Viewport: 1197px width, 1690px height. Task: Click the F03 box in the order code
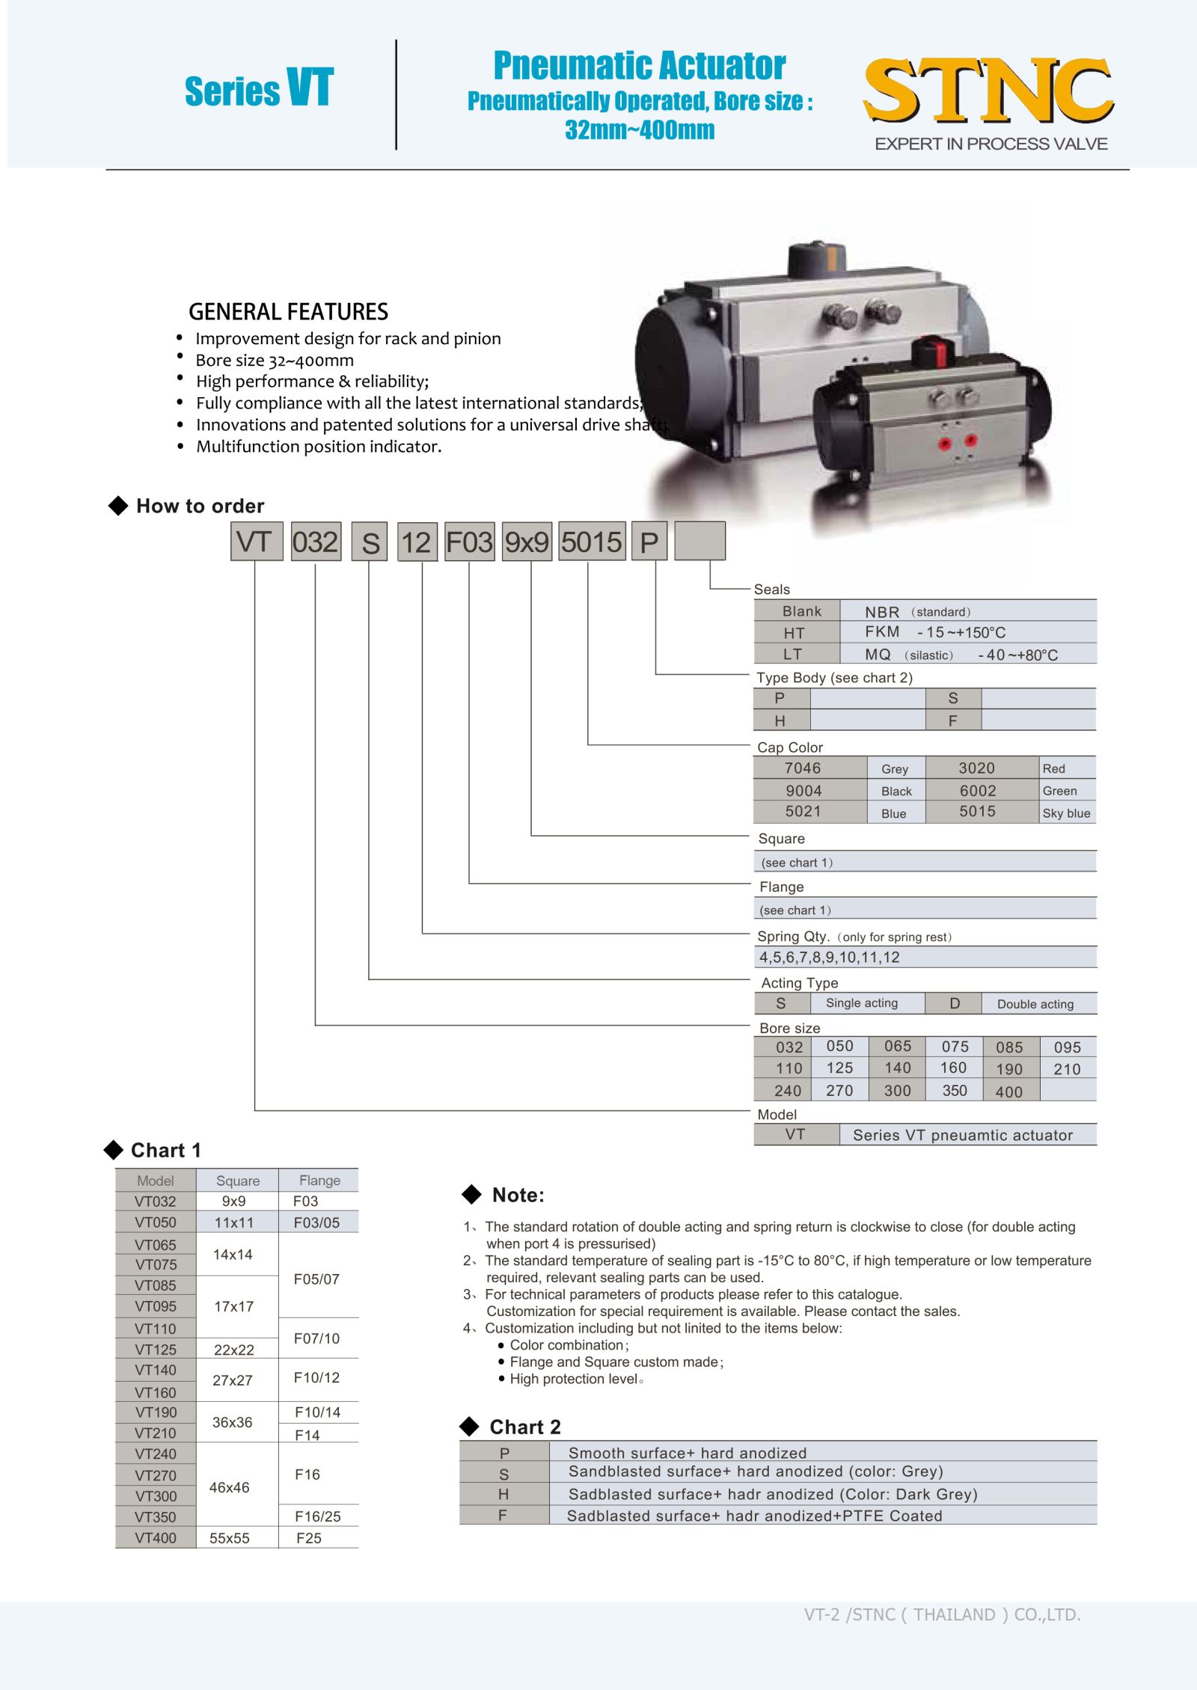point(469,542)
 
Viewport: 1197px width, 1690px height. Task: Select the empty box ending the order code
point(699,541)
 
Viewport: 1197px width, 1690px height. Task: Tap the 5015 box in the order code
point(592,542)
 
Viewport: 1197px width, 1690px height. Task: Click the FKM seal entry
point(883,632)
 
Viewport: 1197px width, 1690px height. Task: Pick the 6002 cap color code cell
point(978,790)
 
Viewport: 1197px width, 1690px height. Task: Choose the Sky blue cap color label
point(1066,813)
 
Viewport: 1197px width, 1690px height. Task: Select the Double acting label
point(1035,1004)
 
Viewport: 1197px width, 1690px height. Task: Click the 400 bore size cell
point(1009,1092)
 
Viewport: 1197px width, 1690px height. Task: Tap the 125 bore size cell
point(839,1068)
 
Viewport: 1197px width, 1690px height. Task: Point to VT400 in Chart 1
point(156,1538)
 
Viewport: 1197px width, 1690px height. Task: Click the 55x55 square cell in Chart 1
point(230,1538)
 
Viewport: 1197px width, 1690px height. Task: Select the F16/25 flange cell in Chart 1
point(317,1516)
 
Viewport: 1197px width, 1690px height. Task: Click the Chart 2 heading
point(524,1427)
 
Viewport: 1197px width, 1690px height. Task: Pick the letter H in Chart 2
point(503,1494)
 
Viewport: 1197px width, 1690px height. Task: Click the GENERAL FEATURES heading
point(288,311)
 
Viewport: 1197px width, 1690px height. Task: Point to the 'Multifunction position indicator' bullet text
point(319,447)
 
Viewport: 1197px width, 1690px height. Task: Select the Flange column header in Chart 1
point(319,1181)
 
